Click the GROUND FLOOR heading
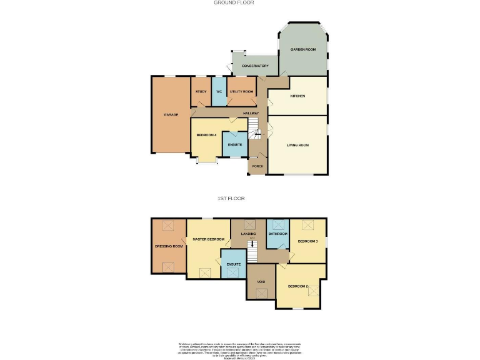pyautogui.click(x=234, y=2)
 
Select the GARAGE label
pyautogui.click(x=171, y=115)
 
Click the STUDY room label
pyautogui.click(x=201, y=92)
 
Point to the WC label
pyautogui.click(x=219, y=92)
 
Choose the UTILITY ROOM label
pyautogui.click(x=241, y=92)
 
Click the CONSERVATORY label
pyautogui.click(x=255, y=66)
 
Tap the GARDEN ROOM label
pyautogui.click(x=302, y=49)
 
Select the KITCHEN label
pyautogui.click(x=297, y=96)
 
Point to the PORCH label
pyautogui.click(x=257, y=166)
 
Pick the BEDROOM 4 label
pyautogui.click(x=206, y=135)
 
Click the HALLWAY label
pyautogui.click(x=251, y=113)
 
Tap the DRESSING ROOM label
pyautogui.click(x=169, y=246)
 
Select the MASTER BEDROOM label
pyautogui.click(x=208, y=239)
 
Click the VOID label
pyautogui.click(x=261, y=282)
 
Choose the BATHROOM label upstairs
pyautogui.click(x=277, y=234)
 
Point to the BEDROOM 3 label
pyautogui.click(x=307, y=241)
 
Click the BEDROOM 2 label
pyautogui.click(x=299, y=286)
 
